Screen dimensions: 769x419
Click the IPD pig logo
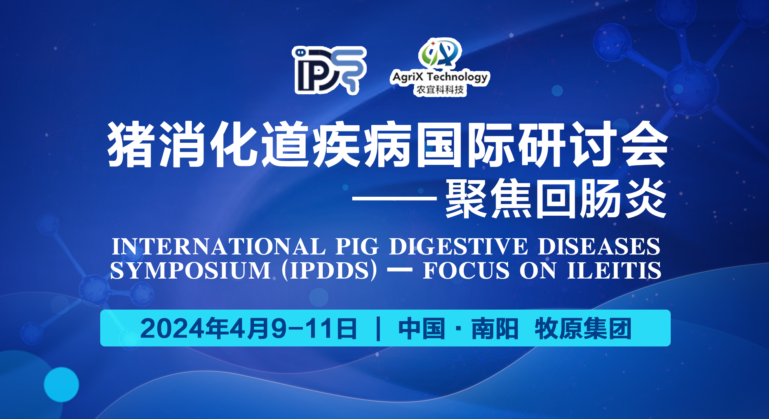(329, 70)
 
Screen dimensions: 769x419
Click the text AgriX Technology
(440, 77)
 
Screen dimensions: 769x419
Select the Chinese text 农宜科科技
(440, 90)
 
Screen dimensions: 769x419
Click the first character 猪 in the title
(130, 144)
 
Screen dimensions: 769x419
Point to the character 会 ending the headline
(645, 144)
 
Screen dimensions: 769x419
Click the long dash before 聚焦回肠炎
(395, 199)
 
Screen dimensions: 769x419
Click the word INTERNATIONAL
(219, 247)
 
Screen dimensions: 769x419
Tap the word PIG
(357, 247)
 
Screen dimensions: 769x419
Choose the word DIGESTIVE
(458, 247)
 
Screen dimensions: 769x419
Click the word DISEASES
(599, 247)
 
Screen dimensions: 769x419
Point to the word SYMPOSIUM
(190, 270)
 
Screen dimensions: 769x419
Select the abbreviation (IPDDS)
(329, 270)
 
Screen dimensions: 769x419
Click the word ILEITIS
(614, 270)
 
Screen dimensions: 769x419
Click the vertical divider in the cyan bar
(378, 329)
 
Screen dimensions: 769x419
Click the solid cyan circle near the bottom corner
(61, 384)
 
